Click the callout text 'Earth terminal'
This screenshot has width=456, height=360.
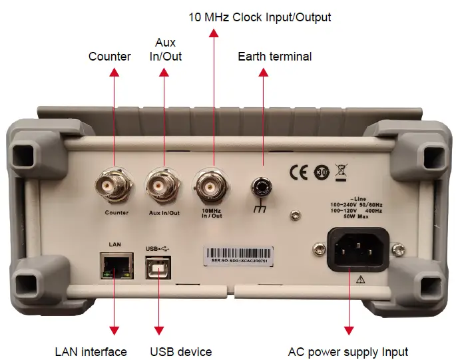click(274, 57)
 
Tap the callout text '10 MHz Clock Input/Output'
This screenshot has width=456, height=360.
click(259, 17)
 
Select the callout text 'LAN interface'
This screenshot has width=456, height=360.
click(91, 351)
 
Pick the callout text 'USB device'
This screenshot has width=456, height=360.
click(181, 351)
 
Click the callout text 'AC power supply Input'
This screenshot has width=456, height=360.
click(348, 351)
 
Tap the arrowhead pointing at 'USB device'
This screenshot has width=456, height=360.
click(158, 330)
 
